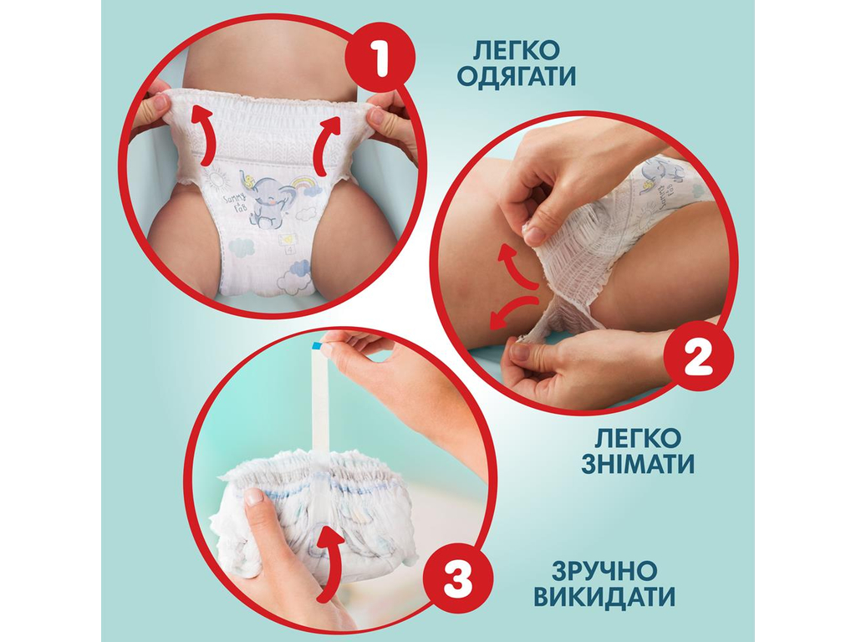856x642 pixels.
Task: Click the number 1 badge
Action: click(381, 61)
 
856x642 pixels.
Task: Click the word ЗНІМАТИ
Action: click(639, 463)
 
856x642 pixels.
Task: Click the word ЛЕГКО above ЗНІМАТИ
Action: click(639, 436)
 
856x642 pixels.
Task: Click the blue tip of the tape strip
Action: click(318, 346)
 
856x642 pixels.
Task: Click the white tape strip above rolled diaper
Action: click(319, 401)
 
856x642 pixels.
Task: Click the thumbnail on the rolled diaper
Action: click(253, 497)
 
